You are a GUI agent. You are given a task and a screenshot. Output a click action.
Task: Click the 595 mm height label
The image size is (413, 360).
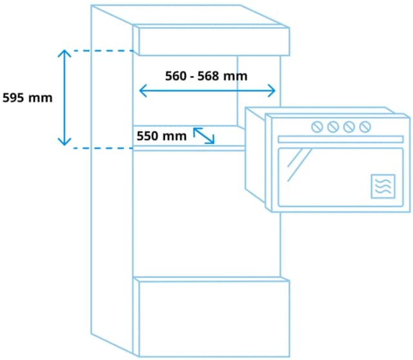pos(27,98)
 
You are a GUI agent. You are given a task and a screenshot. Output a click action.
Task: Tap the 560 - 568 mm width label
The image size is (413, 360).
pos(206,76)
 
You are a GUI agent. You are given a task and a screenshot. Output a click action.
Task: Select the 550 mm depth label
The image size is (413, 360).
pos(161,136)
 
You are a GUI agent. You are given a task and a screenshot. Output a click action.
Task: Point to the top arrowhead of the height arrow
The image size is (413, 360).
pos(63,52)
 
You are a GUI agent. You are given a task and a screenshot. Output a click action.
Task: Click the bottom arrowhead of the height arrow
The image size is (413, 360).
pos(63,143)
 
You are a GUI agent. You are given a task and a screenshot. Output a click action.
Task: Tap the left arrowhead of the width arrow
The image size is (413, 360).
pos(142,91)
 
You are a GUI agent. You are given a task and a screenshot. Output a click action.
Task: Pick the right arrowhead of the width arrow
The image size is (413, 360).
pos(273,91)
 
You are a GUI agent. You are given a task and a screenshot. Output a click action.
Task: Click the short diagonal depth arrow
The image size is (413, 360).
pos(204,135)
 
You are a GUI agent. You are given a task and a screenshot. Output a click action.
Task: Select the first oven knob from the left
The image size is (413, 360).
pos(317,126)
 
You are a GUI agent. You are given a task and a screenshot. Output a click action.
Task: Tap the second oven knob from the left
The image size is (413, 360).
pos(333,126)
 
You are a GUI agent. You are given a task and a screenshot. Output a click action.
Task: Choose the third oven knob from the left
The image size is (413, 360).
pos(349,126)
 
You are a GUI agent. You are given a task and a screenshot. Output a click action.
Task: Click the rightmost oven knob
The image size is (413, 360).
pos(365,126)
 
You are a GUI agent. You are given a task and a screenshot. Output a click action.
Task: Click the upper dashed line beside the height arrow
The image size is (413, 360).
pos(100,50)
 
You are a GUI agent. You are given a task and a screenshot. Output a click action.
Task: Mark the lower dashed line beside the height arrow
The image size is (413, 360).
pos(100,148)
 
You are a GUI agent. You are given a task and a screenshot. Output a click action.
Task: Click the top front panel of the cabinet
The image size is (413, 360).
pos(211,41)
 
